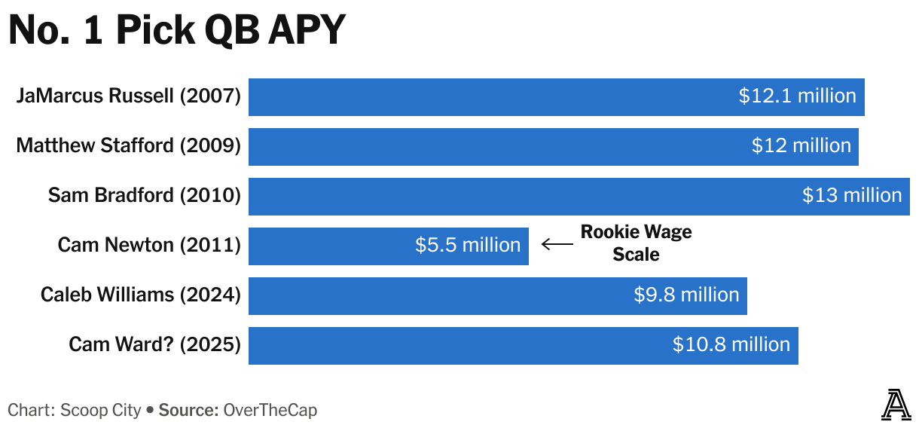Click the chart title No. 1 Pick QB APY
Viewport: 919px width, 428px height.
[x=176, y=31]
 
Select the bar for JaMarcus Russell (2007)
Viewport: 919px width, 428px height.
[x=490, y=96]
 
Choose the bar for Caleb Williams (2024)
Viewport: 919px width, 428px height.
[x=437, y=295]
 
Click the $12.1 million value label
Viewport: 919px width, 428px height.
[x=797, y=96]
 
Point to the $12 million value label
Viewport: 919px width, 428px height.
[x=801, y=146]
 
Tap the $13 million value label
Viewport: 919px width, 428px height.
[x=851, y=196]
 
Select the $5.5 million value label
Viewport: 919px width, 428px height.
[x=468, y=246]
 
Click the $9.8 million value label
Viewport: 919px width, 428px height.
[x=686, y=295]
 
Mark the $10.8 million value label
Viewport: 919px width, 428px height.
[x=731, y=345]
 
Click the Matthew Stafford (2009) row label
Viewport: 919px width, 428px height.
[x=128, y=146]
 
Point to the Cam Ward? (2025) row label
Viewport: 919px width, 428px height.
[x=154, y=345]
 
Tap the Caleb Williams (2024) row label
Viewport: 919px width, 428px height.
[x=140, y=295]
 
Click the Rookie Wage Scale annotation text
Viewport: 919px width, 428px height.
[x=636, y=243]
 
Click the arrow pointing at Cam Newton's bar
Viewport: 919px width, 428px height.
[x=557, y=244]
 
